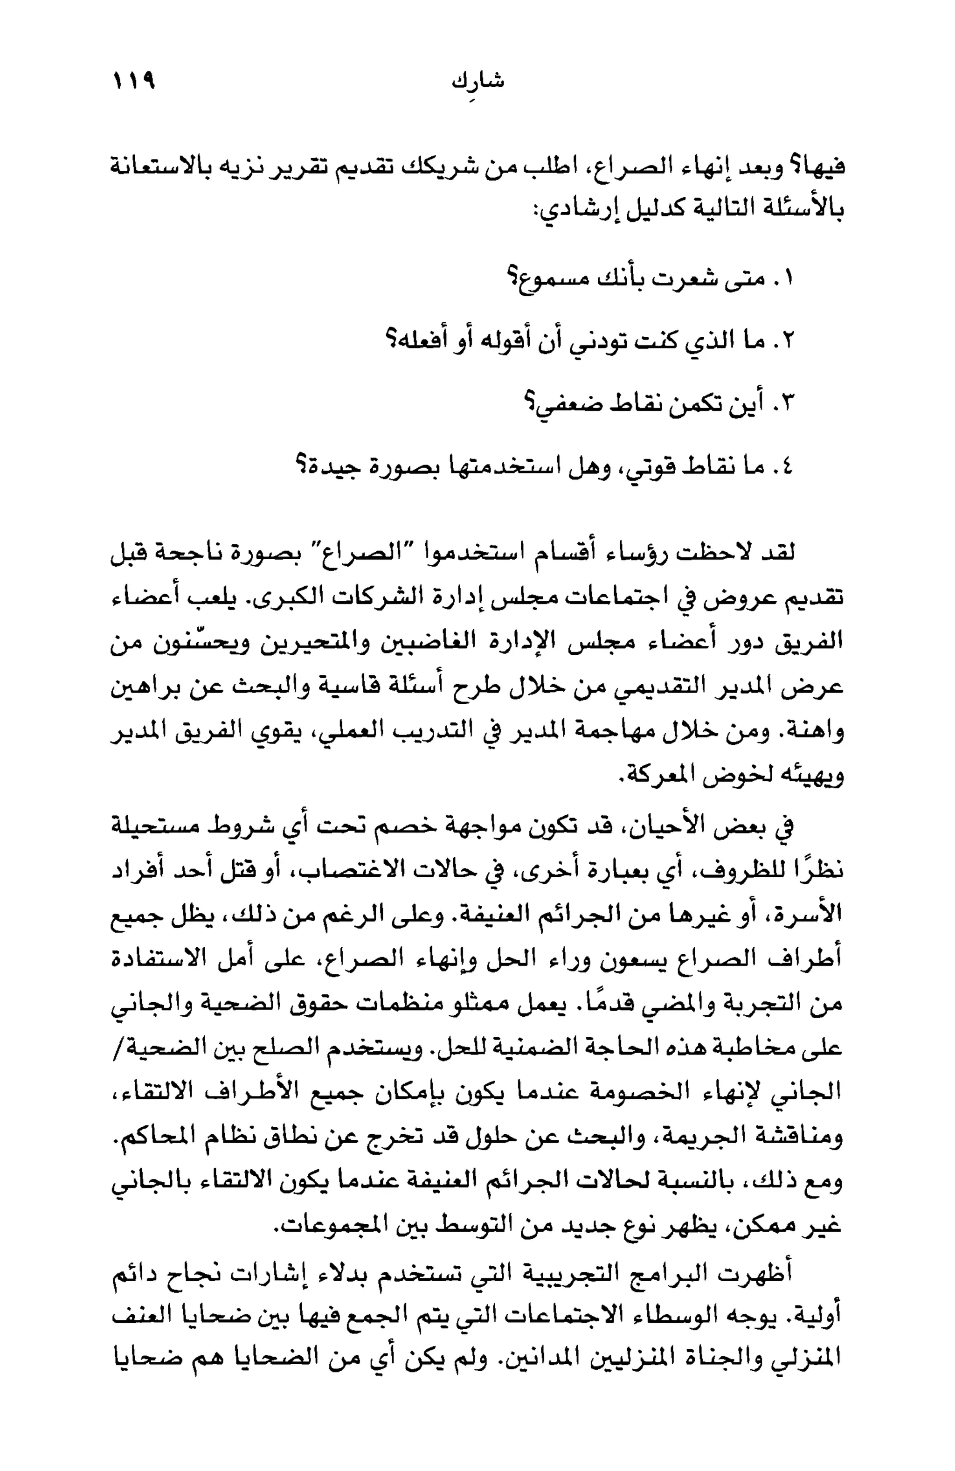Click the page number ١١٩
tap(132, 82)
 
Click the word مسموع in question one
tap(546, 278)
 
